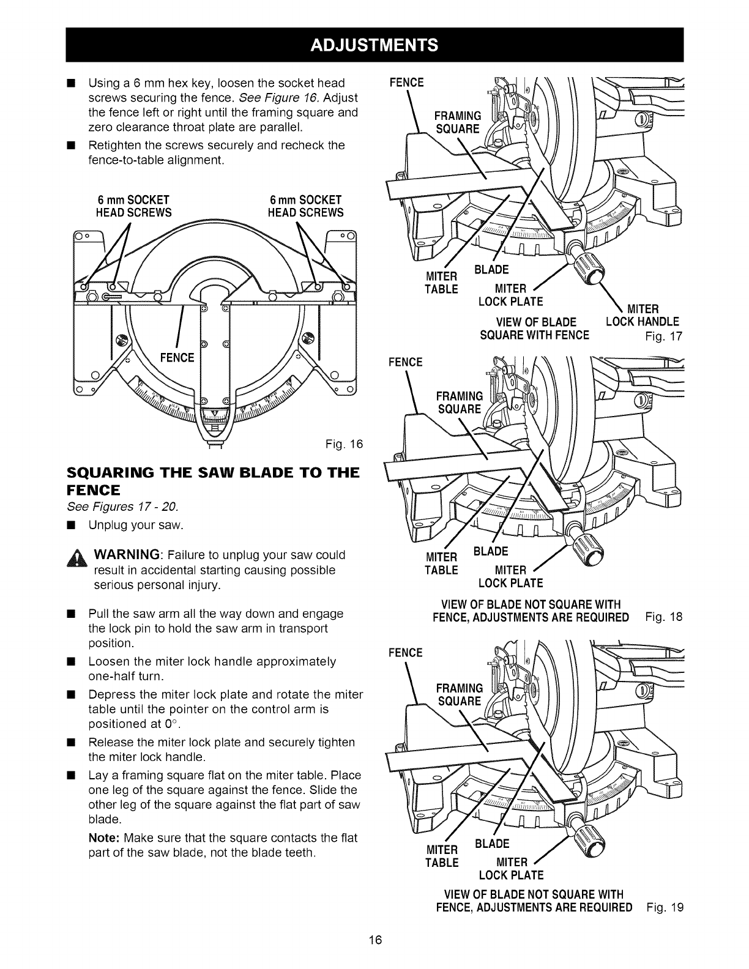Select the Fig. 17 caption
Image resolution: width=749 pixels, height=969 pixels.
(663, 336)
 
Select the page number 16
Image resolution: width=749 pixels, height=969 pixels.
(374, 940)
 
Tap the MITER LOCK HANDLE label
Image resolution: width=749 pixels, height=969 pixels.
(642, 316)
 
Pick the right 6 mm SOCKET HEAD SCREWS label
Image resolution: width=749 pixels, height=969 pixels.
(306, 206)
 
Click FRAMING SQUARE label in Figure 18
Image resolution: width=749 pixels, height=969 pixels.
(459, 402)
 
